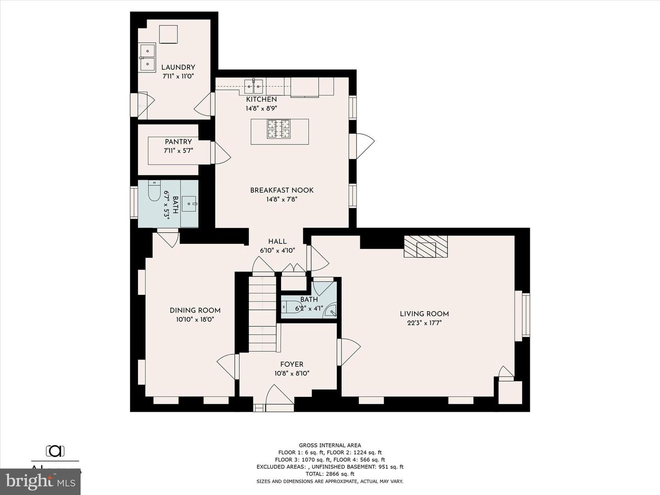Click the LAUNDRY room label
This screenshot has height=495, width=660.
[178, 67]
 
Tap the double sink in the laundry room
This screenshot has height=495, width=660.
[148, 58]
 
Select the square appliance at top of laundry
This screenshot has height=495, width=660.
[168, 34]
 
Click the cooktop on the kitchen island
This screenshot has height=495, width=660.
[279, 129]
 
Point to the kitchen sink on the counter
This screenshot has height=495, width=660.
[253, 85]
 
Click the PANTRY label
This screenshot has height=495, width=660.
[178, 142]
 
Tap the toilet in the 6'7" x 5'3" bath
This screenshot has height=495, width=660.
[154, 192]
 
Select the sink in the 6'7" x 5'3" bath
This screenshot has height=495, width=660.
[189, 203]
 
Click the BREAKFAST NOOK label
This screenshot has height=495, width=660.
[282, 190]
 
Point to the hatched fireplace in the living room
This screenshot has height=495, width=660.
[425, 247]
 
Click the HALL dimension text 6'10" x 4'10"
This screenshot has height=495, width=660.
[277, 251]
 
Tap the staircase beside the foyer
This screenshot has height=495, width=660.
[263, 314]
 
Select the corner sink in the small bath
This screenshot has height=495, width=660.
[331, 312]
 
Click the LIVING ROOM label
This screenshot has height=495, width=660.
[424, 314]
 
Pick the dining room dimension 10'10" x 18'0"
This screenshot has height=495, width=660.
[195, 319]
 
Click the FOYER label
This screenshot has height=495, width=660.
[291, 364]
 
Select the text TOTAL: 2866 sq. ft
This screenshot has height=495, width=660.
[330, 474]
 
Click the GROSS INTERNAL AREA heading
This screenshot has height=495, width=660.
[330, 445]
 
